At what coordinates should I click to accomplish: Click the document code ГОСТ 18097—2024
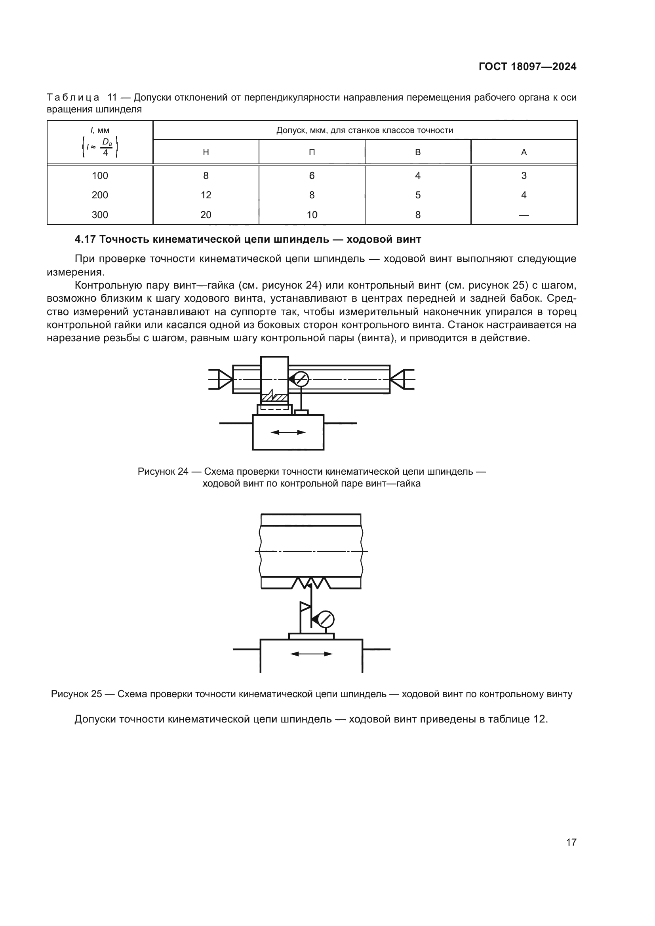click(x=527, y=67)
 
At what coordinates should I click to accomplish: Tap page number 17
click(x=571, y=842)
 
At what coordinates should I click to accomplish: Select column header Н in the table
click(x=206, y=152)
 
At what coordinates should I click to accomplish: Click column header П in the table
click(x=312, y=152)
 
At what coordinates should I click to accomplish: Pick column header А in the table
click(x=524, y=152)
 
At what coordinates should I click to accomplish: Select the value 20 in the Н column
click(x=206, y=215)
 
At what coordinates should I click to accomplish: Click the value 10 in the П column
click(x=312, y=215)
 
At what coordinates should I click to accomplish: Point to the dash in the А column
click(x=524, y=215)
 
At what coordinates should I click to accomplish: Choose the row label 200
click(x=100, y=195)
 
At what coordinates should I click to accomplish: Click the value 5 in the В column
click(x=418, y=195)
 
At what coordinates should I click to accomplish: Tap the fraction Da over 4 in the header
click(x=106, y=147)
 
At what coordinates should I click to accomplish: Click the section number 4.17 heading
click(x=85, y=240)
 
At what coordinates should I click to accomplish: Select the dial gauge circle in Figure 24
click(x=301, y=380)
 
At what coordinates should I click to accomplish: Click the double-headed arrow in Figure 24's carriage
click(x=288, y=432)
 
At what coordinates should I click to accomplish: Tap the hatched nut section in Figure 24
click(x=274, y=397)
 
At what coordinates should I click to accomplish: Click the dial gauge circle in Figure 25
click(x=326, y=620)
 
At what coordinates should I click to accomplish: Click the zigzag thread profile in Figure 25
click(x=311, y=583)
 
